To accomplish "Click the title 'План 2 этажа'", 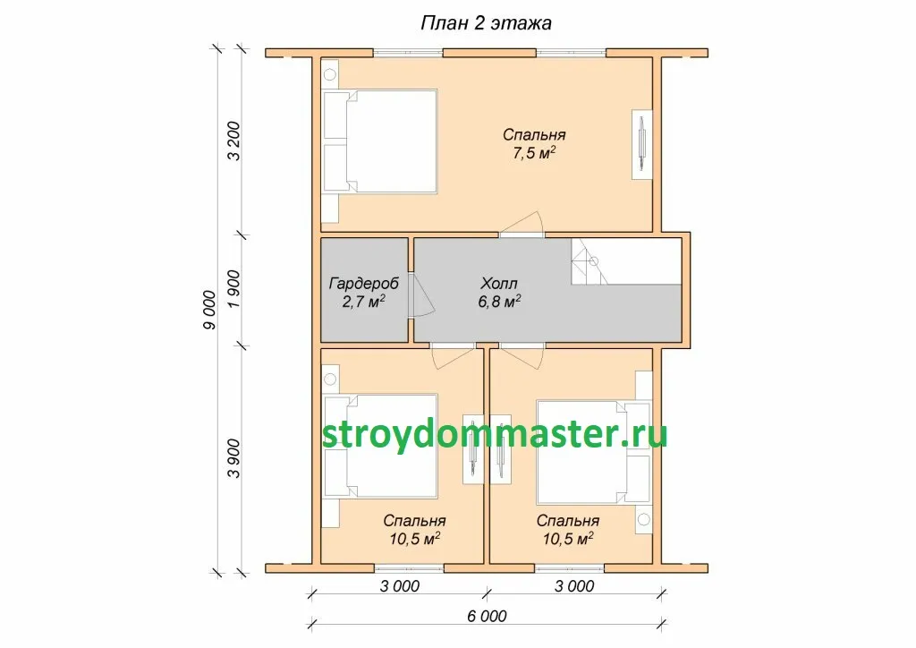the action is [486, 22].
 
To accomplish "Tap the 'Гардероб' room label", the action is [364, 284].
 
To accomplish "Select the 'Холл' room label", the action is [499, 284].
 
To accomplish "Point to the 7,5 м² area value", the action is [534, 153].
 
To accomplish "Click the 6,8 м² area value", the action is [499, 302].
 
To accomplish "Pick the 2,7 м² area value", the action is [363, 302].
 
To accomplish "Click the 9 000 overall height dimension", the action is [209, 310].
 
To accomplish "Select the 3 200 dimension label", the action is [233, 141].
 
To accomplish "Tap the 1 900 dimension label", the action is [233, 289].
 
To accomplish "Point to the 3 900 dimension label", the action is [233, 458].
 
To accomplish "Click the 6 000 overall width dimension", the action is [487, 616].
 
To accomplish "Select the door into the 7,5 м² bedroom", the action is [522, 225].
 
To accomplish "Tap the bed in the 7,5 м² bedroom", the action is [380, 141].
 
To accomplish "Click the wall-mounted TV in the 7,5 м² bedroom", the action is [642, 144].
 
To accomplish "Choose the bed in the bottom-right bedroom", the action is [594, 452].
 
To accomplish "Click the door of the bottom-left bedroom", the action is [453, 356].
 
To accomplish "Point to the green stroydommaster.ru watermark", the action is [494, 434].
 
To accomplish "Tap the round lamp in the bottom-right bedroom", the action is [644, 519].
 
